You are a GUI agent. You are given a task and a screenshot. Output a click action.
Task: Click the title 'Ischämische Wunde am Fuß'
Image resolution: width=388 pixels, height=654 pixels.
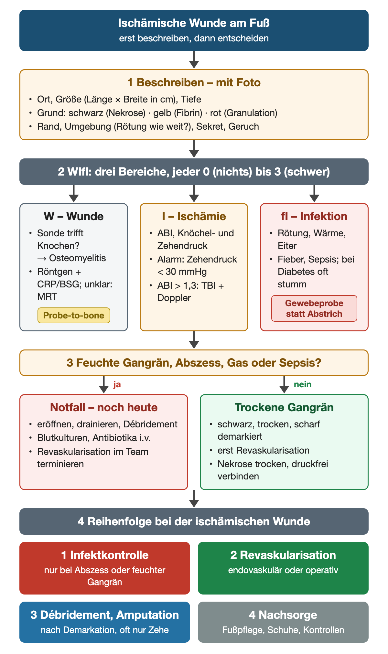pos(194,23)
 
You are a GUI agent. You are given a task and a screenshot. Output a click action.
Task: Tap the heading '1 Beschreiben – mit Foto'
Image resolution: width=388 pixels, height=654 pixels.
pos(194,83)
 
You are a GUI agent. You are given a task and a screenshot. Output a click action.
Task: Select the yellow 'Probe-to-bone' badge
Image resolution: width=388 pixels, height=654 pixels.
pos(74,316)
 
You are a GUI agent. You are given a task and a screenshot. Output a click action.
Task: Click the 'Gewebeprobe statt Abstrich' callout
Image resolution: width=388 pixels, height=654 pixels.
pos(314,308)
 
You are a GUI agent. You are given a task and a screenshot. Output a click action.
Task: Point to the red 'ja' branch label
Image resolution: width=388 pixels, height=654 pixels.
pos(117,384)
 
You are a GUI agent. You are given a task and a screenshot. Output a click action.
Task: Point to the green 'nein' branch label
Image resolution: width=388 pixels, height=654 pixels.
pos(303,384)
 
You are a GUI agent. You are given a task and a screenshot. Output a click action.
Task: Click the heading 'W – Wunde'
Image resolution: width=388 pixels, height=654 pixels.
pos(74,216)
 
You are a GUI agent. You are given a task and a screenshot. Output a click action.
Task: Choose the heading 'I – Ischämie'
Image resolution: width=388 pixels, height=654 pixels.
pos(194,216)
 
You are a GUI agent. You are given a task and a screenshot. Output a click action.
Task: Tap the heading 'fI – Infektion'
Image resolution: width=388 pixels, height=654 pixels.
pos(314,216)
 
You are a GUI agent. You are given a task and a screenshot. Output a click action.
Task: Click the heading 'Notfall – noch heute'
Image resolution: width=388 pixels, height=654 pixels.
pos(104,407)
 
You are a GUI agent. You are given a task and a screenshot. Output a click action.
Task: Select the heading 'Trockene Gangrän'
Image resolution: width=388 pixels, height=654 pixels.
pos(284,407)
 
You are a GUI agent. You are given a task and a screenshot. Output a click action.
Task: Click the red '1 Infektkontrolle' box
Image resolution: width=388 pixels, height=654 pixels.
pos(105,568)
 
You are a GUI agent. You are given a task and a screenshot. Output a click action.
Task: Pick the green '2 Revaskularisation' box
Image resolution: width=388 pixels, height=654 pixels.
pos(283,568)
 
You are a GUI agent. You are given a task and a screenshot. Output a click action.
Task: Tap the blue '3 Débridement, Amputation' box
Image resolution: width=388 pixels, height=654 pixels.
pos(105,622)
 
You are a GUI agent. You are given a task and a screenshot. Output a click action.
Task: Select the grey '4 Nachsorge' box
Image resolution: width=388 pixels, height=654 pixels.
pos(283,622)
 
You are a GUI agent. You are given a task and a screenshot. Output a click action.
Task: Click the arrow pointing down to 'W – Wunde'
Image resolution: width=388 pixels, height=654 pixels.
pos(74,194)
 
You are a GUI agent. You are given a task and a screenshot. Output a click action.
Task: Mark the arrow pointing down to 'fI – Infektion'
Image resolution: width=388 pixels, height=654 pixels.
pos(314,194)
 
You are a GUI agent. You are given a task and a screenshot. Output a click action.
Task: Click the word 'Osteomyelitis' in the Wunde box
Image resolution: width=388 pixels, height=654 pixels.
pos(78,258)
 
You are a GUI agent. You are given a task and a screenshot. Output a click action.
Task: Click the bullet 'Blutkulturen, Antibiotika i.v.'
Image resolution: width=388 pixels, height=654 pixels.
pos(94,438)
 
